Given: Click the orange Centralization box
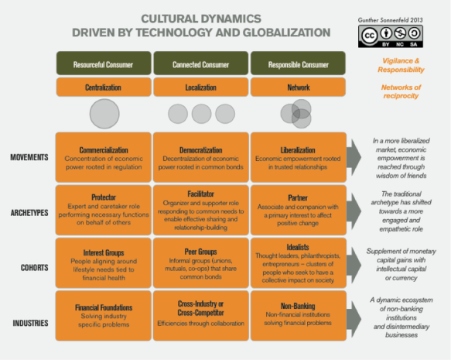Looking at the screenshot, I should tap(104, 88).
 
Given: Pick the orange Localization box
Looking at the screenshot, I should tap(201, 88).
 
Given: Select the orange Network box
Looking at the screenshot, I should tap(299, 88).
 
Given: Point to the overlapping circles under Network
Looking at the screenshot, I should tap(296, 114).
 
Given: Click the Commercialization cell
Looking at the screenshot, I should tap(104, 156).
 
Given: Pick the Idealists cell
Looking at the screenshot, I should tap(299, 262).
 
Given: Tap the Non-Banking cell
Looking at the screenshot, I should tap(299, 314).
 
